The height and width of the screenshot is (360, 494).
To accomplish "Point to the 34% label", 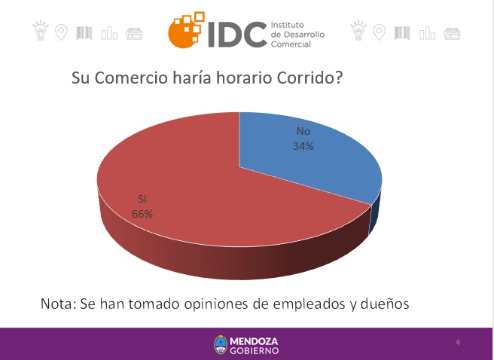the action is pos(303,146).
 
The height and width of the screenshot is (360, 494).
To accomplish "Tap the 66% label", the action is pos(142,214).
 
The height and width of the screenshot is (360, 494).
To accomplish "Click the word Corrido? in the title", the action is pos(310,78).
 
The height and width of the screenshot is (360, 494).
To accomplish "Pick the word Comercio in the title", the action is pos(130,78).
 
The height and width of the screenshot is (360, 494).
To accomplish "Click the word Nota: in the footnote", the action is pos(59,304).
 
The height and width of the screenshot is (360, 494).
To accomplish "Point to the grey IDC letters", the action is pos(237,35).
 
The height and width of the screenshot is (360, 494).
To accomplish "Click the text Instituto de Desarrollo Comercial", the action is pos(297,35).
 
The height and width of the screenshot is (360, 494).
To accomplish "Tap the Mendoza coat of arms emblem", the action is pos(221,345).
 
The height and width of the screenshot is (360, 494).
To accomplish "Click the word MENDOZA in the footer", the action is pos(254,341).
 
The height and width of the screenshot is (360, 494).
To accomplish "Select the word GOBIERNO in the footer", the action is pos(255,350).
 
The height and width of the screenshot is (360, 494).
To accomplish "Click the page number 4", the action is pos(458,342).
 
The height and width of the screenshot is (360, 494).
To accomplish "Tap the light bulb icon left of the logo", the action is pos(41,30).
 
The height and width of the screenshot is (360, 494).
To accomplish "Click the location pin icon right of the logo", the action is pos(379,32).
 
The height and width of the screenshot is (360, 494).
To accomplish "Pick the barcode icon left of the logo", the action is pos(84,33).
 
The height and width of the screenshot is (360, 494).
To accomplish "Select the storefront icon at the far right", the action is pos(452,34).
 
